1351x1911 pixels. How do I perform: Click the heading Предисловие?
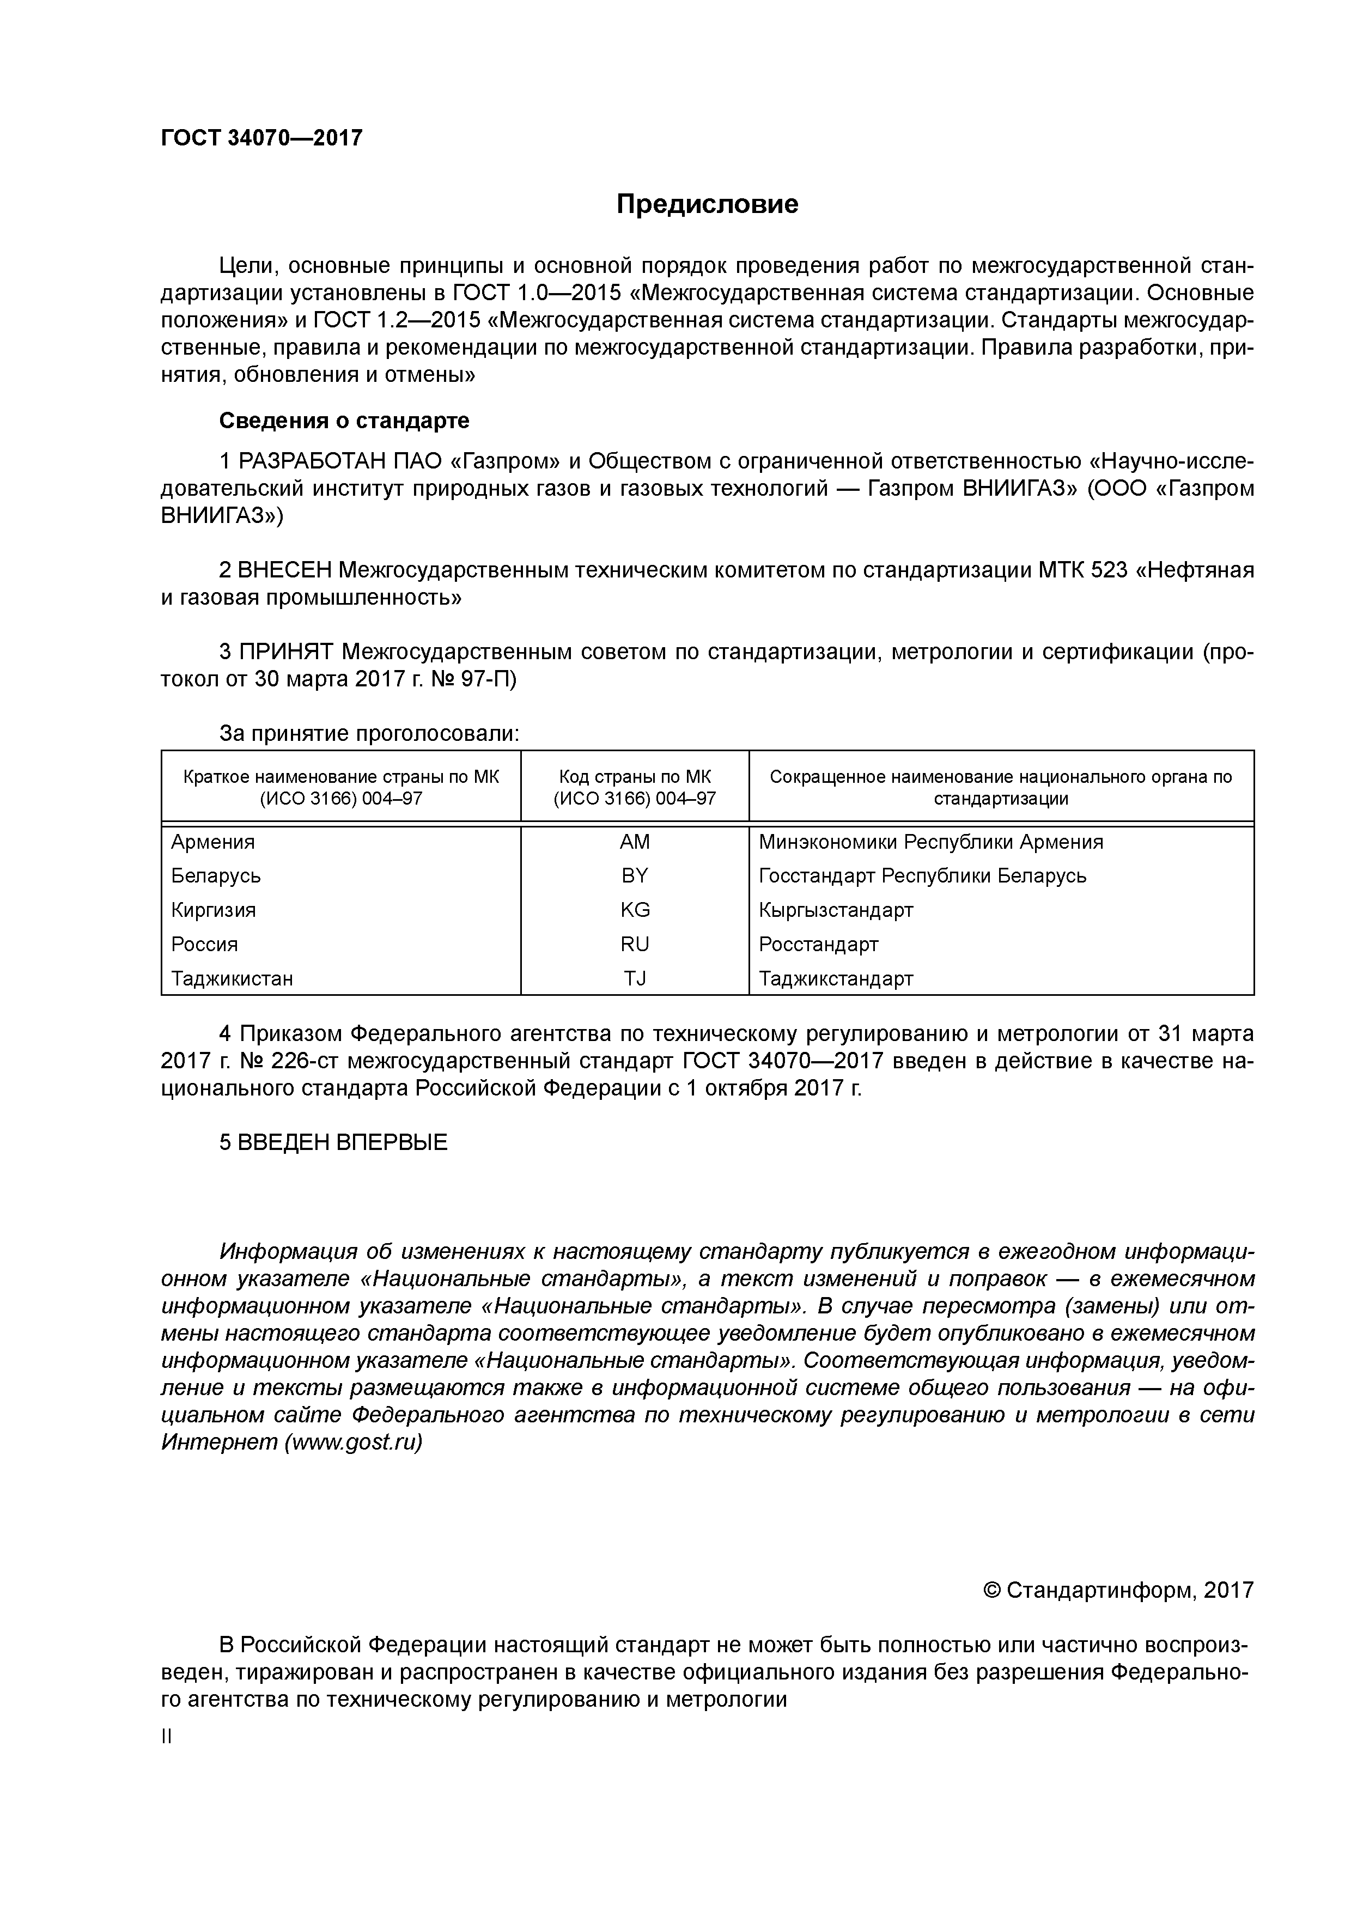click(x=707, y=204)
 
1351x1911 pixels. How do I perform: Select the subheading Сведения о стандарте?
click(x=344, y=421)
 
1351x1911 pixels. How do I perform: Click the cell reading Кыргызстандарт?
click(x=836, y=910)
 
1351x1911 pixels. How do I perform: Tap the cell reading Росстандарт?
click(x=818, y=945)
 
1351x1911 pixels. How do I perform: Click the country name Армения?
click(x=213, y=842)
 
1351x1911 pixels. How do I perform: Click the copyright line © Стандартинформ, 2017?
click(x=1118, y=1591)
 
